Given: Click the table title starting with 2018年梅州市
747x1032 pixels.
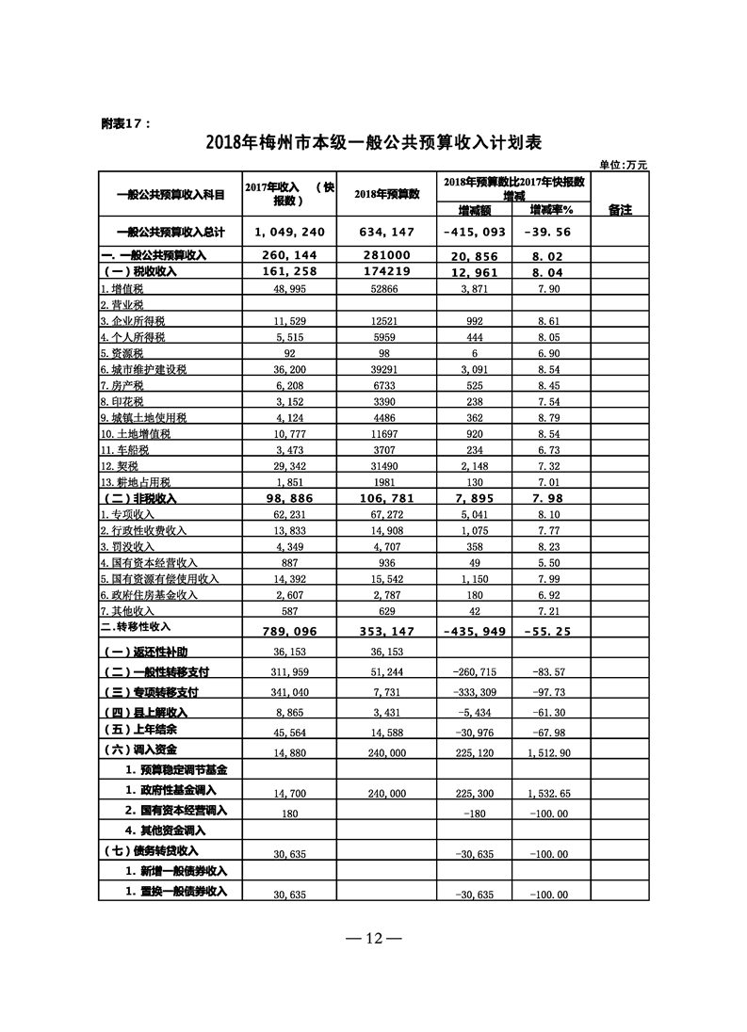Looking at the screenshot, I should (373, 143).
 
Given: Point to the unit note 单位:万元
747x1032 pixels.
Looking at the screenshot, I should (624, 165).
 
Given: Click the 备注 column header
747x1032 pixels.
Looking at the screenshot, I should (619, 209).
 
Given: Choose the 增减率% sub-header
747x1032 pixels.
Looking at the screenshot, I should (551, 209).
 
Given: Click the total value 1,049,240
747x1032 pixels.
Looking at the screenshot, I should (288, 233).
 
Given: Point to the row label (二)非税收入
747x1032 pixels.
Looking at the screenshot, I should (141, 497).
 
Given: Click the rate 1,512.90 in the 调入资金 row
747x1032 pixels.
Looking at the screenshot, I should (551, 752).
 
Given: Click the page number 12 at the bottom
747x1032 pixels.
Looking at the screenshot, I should (373, 939).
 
